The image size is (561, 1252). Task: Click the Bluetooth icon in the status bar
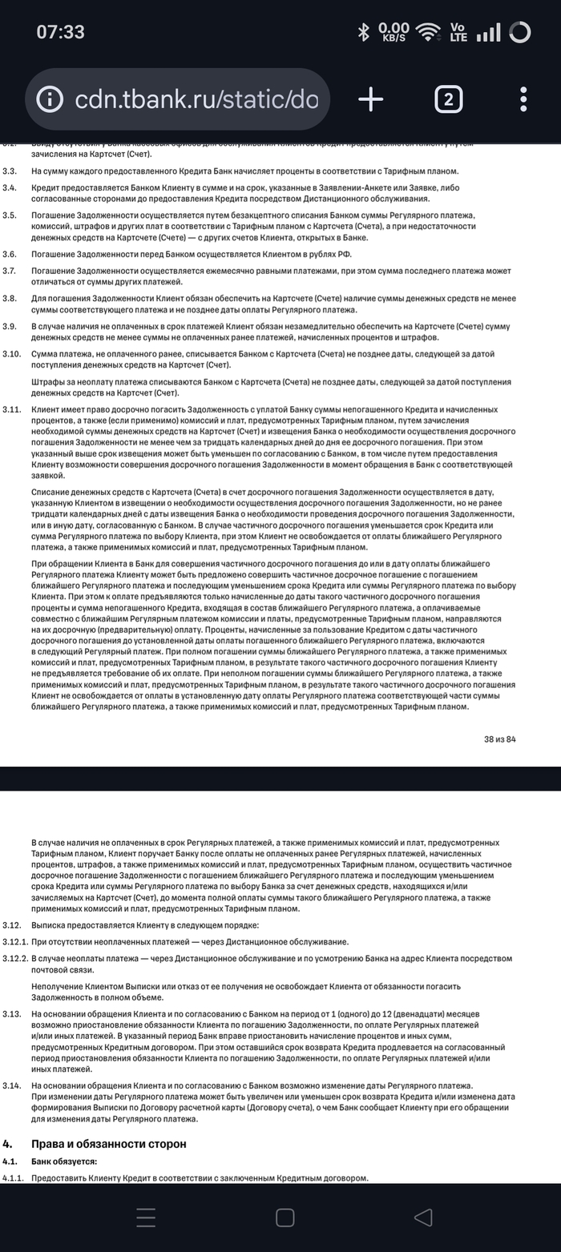363,32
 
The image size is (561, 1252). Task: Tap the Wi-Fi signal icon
429,32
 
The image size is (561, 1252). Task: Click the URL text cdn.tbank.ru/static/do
196,100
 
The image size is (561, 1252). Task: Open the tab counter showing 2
448,99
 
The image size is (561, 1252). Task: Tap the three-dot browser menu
523,99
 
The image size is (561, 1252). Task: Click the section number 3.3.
10,171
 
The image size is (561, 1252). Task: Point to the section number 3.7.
10,271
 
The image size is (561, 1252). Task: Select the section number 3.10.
12,353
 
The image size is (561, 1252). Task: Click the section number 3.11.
12,409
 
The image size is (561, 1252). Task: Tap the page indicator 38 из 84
499,739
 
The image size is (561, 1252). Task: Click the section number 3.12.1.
15,941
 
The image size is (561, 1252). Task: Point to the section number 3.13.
12,1014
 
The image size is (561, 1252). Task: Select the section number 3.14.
12,1085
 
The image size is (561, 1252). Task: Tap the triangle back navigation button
423,1218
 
